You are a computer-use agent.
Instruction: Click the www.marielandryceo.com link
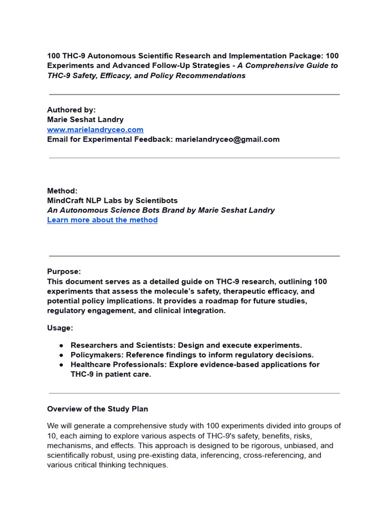pos(95,130)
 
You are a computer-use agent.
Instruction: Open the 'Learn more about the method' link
pos(102,220)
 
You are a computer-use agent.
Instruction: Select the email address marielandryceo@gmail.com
pos(227,139)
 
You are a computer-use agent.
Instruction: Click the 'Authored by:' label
pos(71,110)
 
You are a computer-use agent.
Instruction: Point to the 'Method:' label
pos(62,191)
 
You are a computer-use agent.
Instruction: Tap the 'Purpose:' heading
pos(64,272)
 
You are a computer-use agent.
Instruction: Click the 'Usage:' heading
pos(60,328)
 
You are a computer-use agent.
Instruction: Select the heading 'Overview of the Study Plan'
pos(97,409)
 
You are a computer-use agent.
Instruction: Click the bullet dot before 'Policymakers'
pos(61,355)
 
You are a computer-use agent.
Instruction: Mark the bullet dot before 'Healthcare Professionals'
pos(61,365)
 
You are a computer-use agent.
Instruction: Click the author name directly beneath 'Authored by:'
pos(85,120)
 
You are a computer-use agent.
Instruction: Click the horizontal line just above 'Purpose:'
pos(194,256)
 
